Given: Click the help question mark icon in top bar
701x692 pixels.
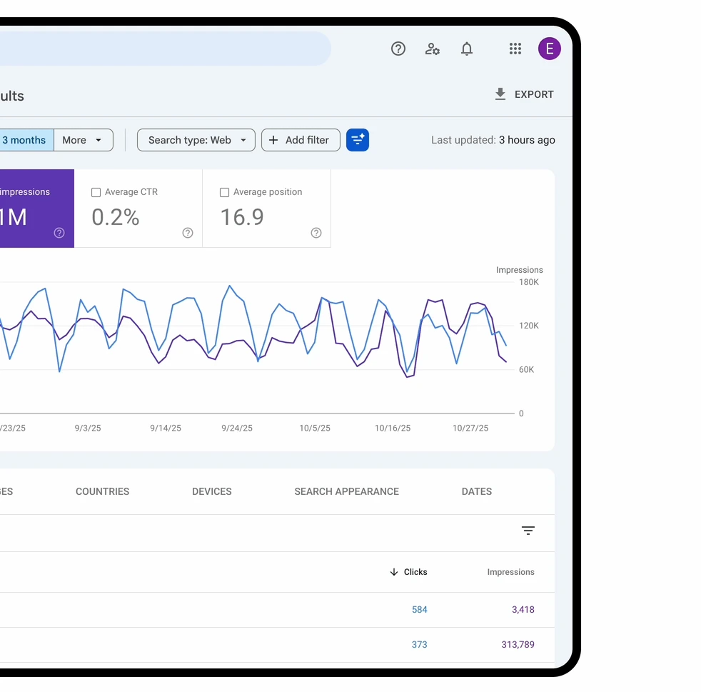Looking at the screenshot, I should point(398,49).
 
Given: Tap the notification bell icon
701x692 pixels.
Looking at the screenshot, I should point(467,49).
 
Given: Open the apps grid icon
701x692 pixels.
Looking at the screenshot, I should point(515,49).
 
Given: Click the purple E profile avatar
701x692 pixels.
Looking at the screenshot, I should point(549,49).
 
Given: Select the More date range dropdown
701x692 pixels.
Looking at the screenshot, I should point(84,140).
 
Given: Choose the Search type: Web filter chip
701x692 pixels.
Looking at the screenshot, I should point(196,140).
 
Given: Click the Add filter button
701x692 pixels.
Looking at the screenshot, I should point(300,140).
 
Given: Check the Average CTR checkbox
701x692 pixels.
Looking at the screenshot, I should point(96,192).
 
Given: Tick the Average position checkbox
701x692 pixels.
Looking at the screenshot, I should point(225,192).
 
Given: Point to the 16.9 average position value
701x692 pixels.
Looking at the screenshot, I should point(242,217).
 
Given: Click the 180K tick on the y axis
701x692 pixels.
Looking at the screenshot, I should point(529,282).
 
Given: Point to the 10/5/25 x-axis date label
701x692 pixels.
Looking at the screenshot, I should point(315,428).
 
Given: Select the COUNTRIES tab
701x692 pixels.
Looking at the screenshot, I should point(103,491).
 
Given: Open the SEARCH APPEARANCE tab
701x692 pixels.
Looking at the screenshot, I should point(346,491).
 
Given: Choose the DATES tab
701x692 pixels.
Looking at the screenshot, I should point(477,491).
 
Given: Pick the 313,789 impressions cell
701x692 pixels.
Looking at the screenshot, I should point(518,644).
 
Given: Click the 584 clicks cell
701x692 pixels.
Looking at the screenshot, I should point(420,609).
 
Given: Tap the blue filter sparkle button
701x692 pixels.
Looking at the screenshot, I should point(358,140).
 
